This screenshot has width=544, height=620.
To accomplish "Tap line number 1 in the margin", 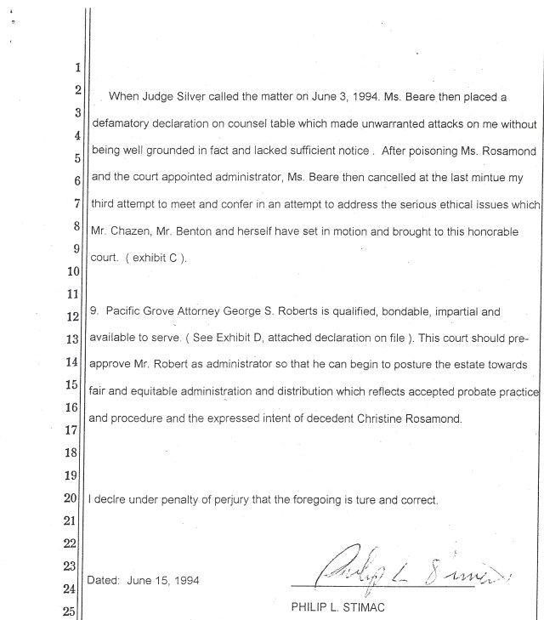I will pos(77,68).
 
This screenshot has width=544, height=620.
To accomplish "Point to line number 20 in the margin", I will pos(74,497).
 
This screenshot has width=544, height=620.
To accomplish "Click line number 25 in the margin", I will pos(74,610).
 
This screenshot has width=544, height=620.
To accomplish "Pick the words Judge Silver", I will pos(174,96).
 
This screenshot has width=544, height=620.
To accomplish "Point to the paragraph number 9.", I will pos(94,311).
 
